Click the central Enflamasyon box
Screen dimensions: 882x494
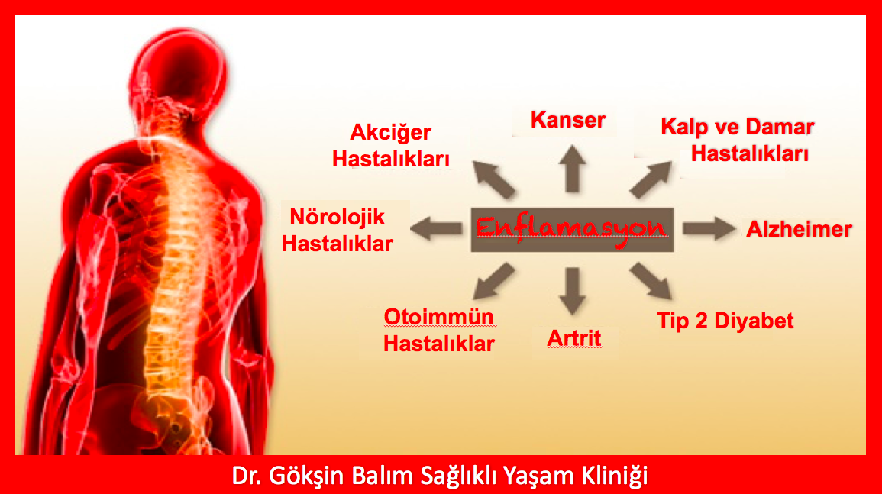pos(571,230)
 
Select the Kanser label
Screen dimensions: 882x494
pos(567,120)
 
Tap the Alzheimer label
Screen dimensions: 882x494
pos(799,229)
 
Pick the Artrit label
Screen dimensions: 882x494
pos(574,338)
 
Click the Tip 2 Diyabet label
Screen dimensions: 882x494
pos(725,321)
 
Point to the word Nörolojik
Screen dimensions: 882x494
pos(337,217)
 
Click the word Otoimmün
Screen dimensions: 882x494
pos(439,317)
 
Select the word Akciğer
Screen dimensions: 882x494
pos(390,134)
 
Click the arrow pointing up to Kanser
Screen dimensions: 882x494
pos(573,169)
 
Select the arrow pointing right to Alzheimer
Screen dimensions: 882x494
pos(709,228)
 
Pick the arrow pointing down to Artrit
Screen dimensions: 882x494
pos(573,291)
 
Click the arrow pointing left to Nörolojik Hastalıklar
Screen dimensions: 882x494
pos(437,228)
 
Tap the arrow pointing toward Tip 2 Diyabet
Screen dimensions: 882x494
pos(651,281)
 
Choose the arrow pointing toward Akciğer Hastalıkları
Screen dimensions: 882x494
pos(494,179)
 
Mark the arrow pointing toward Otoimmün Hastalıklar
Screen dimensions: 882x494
pos(494,281)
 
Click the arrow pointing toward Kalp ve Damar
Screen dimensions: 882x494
pos(651,179)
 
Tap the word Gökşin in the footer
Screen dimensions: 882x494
pos(306,476)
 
